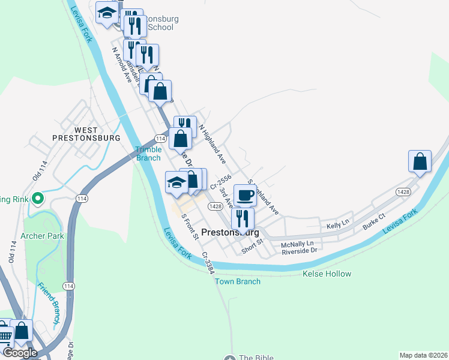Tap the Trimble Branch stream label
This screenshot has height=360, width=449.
point(148,154)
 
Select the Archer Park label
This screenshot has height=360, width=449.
point(43,236)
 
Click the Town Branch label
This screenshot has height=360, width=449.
point(238,281)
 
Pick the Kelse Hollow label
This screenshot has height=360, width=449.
point(327,274)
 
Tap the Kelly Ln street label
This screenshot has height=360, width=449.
point(337,225)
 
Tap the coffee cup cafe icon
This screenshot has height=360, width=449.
point(245,195)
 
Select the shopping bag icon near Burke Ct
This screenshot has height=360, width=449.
point(420,161)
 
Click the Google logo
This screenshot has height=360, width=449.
point(19,353)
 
